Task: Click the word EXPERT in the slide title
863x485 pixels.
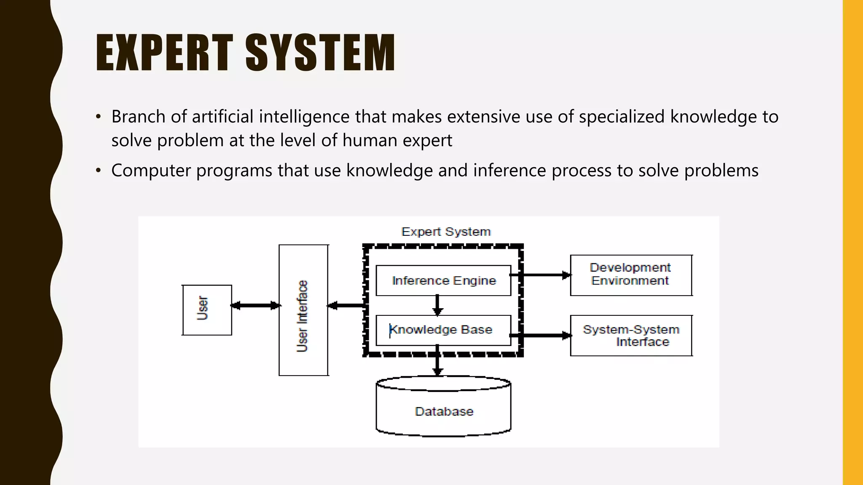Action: [x=164, y=53]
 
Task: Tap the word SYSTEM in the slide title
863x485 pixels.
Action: [x=320, y=53]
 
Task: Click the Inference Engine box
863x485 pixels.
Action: [x=443, y=280]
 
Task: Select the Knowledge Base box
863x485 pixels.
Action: [x=443, y=330]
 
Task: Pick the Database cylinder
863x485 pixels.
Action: [x=443, y=411]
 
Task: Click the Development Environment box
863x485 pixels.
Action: [x=631, y=275]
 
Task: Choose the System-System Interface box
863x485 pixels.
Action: [x=631, y=336]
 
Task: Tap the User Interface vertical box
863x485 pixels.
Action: [x=303, y=310]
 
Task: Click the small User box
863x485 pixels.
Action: [x=206, y=310]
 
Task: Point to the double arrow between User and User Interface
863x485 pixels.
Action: [x=255, y=306]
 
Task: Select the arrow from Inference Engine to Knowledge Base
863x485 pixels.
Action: [x=437, y=305]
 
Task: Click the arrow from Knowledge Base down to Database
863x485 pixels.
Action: [x=437, y=361]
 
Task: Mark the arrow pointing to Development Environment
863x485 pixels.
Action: [x=546, y=275]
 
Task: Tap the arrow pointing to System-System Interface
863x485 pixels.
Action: [x=546, y=336]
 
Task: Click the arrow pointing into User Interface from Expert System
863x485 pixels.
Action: [x=346, y=306]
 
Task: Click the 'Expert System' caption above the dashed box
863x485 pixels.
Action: [x=446, y=232]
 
